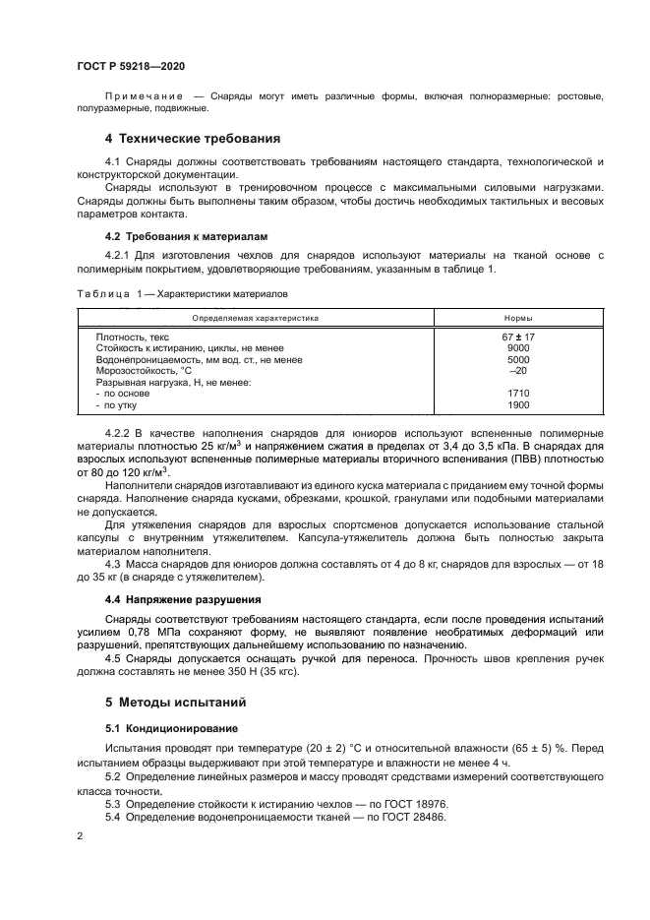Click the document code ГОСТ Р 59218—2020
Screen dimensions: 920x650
(131, 66)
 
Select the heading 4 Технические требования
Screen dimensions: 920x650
(193, 139)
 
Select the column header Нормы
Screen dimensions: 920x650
(518, 318)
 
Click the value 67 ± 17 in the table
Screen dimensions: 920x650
(518, 337)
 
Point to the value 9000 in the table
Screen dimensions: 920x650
(518, 348)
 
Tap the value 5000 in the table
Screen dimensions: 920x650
(518, 359)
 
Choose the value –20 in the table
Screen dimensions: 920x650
(518, 370)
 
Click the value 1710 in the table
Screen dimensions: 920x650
(518, 393)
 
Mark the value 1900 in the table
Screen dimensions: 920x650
(518, 404)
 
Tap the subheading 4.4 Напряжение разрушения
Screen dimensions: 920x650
(183, 598)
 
